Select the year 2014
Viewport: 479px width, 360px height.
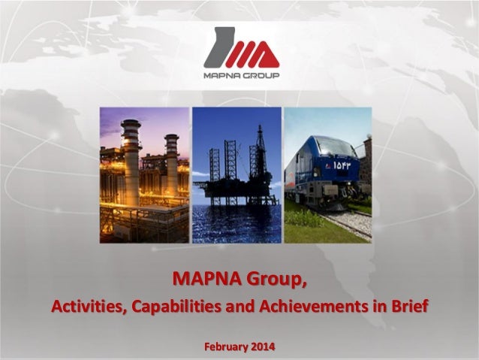[263, 346]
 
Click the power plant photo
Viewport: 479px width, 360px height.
[144, 174]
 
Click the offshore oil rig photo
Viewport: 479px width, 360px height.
[236, 174]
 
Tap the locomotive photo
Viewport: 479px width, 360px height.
[327, 174]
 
